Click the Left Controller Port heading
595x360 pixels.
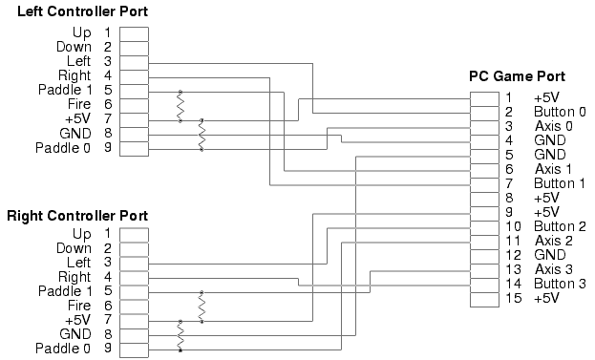[82, 11]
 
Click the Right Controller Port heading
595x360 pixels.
[77, 216]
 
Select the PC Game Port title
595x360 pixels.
[518, 76]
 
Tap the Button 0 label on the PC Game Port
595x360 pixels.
[560, 112]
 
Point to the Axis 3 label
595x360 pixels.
[554, 269]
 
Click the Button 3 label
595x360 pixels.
[560, 284]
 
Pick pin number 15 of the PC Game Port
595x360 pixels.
[513, 298]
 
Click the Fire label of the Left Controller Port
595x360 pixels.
[79, 104]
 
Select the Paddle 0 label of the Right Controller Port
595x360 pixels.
[63, 349]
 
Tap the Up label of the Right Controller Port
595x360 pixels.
[81, 234]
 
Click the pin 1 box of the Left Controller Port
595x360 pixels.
[134, 34]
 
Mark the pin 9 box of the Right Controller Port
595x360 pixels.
[134, 350]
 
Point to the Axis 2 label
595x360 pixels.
[554, 241]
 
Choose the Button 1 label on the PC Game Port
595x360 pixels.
[560, 183]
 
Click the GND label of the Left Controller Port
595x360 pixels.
[75, 134]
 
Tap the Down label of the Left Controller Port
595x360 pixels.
[74, 47]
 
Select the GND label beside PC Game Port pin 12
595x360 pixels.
[550, 255]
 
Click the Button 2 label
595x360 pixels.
[560, 226]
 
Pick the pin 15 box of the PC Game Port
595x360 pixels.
[484, 300]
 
